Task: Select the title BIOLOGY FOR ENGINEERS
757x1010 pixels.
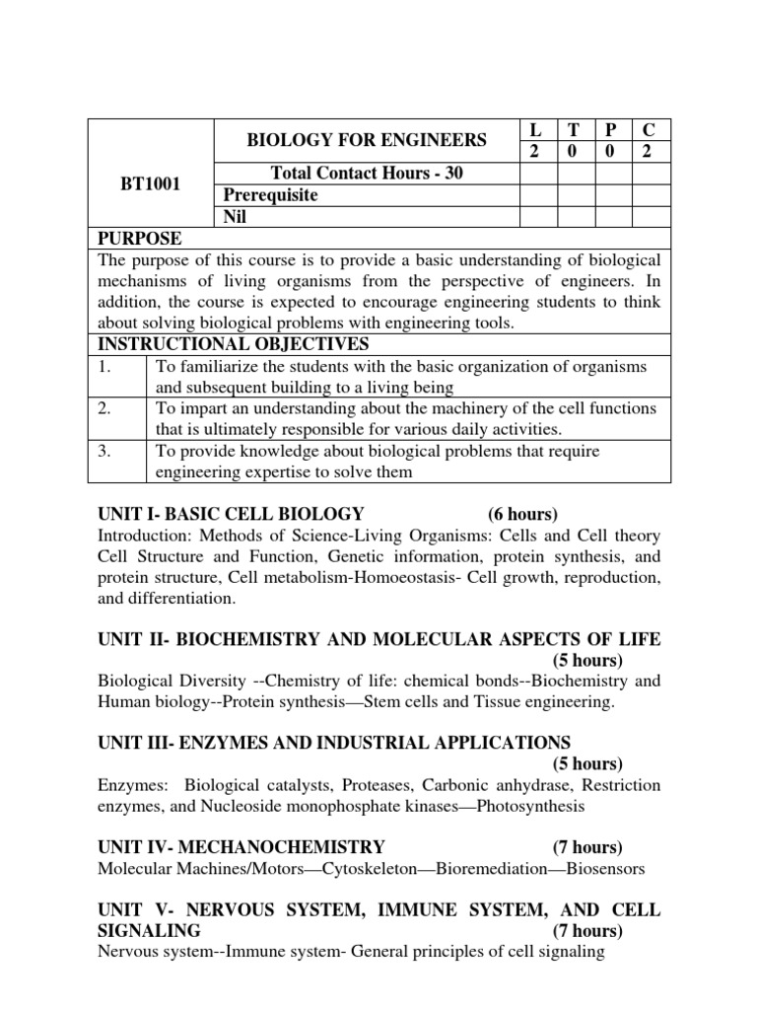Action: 367,140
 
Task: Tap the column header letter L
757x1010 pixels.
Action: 536,130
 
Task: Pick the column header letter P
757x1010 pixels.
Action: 612,130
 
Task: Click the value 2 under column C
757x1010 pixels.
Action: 651,151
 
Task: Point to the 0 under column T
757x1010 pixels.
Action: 575,151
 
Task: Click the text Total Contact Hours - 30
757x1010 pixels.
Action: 367,174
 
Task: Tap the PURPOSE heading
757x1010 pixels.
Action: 139,239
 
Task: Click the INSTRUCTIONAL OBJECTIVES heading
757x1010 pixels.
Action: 234,344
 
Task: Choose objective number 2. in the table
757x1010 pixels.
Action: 107,408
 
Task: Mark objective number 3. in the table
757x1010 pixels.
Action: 107,451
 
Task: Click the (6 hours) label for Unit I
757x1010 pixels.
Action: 522,514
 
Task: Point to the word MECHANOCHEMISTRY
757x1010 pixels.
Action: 295,847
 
